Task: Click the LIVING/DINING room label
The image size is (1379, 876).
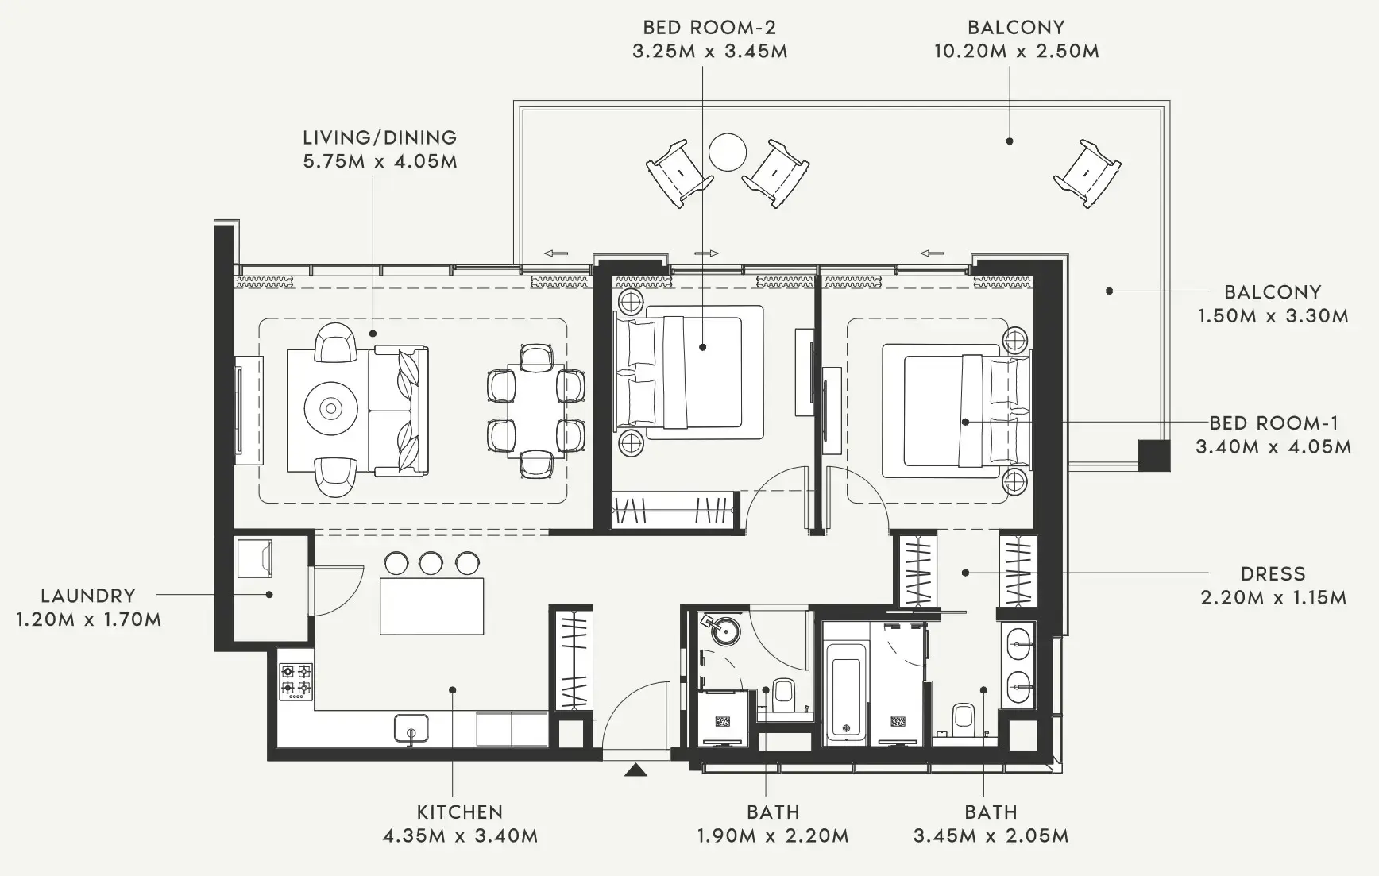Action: click(380, 137)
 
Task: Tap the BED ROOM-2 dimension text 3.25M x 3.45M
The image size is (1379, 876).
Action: click(709, 52)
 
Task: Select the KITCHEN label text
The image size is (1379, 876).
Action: click(460, 812)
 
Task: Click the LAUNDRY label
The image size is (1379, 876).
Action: click(88, 595)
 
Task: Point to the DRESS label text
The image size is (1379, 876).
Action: click(1273, 573)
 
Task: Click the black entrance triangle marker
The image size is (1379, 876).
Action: click(635, 770)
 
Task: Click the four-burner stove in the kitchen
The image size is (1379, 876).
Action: click(295, 681)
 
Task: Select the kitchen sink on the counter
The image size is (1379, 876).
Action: click(411, 728)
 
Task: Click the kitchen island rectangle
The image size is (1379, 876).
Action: click(431, 606)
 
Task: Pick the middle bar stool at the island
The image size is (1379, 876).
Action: click(431, 563)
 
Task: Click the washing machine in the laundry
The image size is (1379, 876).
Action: click(255, 558)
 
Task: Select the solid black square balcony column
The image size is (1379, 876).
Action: click(1153, 455)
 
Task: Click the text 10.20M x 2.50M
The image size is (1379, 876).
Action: click(1016, 52)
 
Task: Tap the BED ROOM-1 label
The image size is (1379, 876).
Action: click(1273, 423)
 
